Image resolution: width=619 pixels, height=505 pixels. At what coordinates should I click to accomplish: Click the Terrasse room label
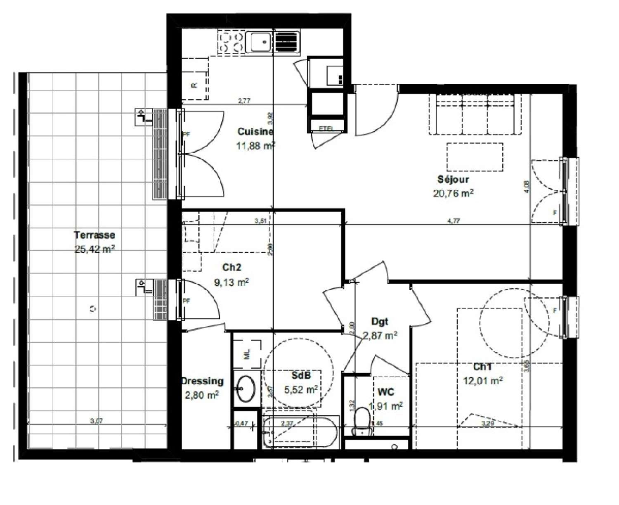coord(95,235)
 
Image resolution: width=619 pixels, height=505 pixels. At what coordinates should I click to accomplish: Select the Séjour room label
coord(453,179)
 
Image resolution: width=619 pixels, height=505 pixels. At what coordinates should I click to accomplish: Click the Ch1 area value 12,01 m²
coord(482,380)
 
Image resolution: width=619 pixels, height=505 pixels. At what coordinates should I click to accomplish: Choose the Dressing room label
coord(202,381)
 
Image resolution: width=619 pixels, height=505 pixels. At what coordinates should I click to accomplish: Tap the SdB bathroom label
coord(301,375)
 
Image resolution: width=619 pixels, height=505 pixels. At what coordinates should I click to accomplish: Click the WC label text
coord(385,391)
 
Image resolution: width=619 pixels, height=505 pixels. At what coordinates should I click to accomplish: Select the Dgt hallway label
coord(380,321)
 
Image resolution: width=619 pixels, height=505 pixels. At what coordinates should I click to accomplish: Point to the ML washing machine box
coord(247,354)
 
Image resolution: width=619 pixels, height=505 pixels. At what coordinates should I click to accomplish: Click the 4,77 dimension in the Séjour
coord(454,220)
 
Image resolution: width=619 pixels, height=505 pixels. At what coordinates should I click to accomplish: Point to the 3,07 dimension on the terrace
coord(96,421)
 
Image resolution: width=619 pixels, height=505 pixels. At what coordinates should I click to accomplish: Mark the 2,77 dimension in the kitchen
coord(244,100)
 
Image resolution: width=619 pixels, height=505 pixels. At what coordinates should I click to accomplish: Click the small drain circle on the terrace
coord(92,308)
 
